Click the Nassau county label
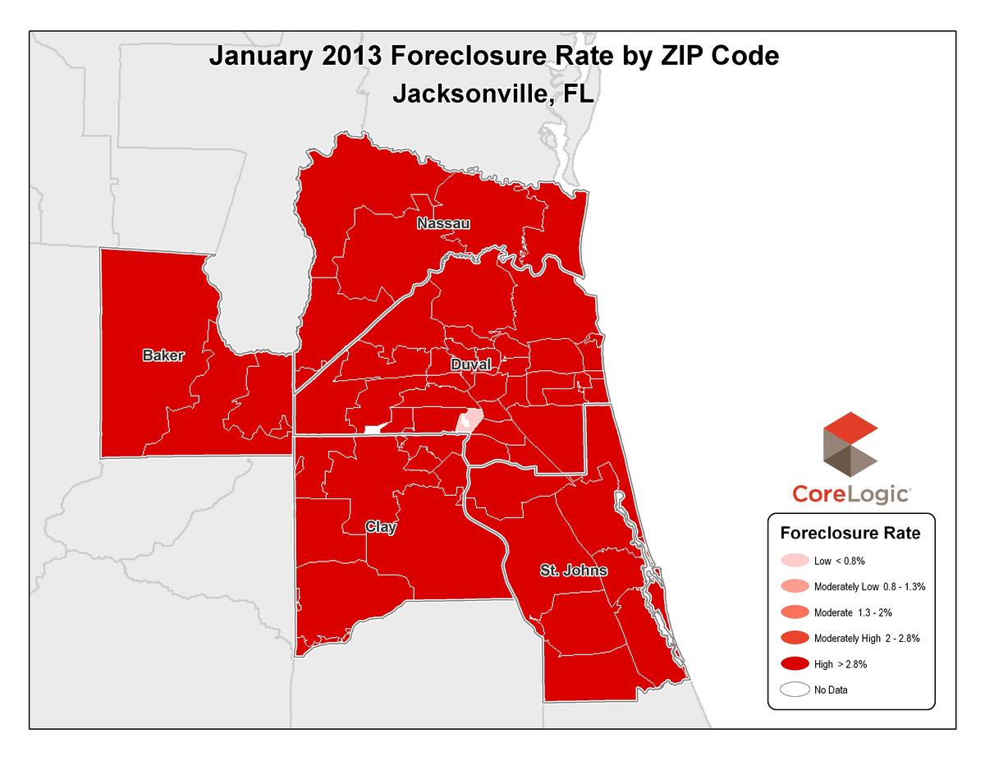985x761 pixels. (x=443, y=224)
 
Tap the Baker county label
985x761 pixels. (x=163, y=355)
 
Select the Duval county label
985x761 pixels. (x=470, y=364)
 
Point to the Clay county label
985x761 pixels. (x=381, y=527)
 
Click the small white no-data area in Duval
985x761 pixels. (x=373, y=429)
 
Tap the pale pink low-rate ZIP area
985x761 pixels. (x=469, y=421)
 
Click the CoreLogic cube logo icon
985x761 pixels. (x=850, y=448)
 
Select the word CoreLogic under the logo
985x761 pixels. (x=850, y=494)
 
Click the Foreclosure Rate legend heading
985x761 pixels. (x=850, y=533)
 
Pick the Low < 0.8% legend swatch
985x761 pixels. (x=794, y=562)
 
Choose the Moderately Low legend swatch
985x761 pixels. (x=794, y=587)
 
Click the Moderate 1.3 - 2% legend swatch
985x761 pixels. (x=794, y=612)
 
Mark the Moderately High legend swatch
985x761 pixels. (x=794, y=638)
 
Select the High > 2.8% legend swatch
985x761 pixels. (x=794, y=663)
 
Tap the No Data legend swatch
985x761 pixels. (x=794, y=690)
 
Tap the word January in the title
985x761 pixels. (x=259, y=57)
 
